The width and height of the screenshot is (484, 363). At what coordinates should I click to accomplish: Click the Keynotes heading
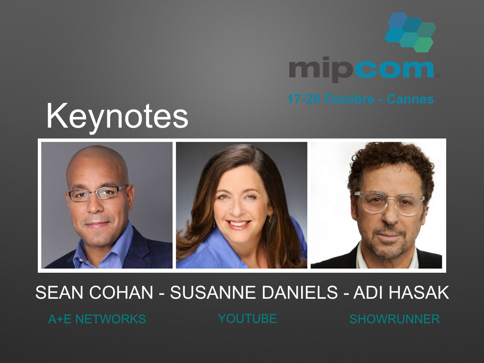click(117, 116)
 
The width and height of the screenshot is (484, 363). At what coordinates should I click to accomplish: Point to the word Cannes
click(410, 99)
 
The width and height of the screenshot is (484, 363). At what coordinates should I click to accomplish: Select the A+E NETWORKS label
click(97, 320)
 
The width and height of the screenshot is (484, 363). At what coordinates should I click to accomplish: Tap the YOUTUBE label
click(247, 319)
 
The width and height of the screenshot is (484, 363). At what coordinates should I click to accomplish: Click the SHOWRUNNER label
click(394, 320)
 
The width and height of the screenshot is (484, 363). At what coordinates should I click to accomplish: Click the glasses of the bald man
click(97, 193)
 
